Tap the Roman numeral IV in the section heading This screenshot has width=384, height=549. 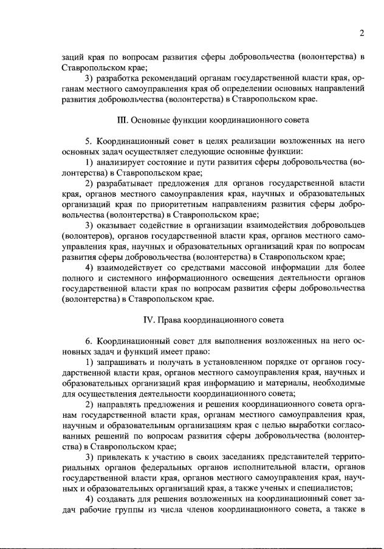point(146,319)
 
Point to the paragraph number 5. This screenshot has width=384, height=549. point(88,141)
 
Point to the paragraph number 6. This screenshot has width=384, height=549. point(88,341)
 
